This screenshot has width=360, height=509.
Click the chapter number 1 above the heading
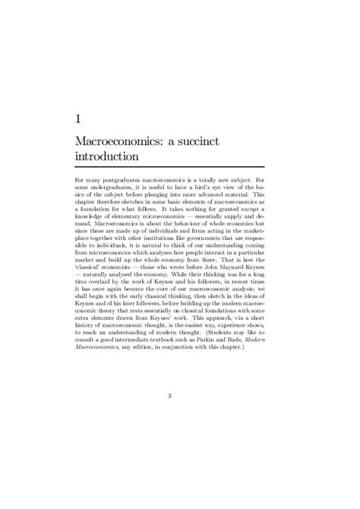(100, 119)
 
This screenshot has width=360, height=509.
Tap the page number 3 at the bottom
(180, 416)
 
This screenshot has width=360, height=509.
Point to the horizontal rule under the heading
(180, 166)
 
